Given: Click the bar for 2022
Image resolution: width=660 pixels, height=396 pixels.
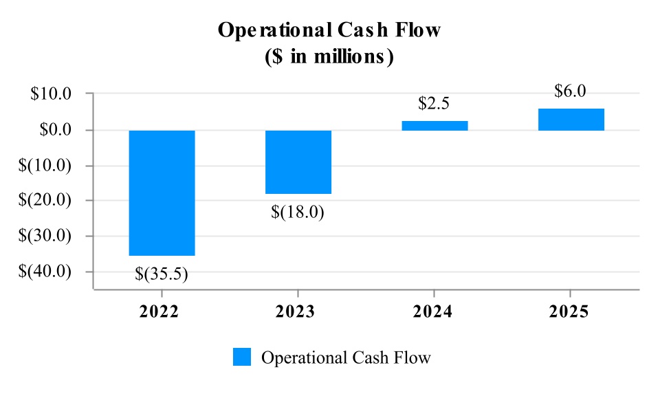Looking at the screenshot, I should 162,192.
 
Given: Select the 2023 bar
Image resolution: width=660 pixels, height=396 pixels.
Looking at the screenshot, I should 298,162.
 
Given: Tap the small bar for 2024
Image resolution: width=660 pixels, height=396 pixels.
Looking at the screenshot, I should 434,126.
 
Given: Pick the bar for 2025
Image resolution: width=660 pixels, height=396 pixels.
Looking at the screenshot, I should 571,120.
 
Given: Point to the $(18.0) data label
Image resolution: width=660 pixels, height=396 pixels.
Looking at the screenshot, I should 298,212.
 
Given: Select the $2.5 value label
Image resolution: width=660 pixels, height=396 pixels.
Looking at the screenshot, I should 434,104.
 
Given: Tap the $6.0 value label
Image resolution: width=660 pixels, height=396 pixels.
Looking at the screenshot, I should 571,91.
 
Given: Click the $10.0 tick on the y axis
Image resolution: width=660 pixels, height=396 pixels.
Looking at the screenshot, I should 52,94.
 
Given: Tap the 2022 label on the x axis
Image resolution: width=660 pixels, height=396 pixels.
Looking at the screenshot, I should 159,311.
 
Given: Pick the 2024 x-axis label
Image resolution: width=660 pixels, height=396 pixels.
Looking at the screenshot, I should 433,311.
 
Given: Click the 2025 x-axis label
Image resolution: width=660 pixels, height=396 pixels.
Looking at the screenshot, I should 570,311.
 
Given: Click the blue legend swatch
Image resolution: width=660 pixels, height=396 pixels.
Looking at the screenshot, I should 242,357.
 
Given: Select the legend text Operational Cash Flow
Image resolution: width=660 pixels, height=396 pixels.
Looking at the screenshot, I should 346,357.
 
